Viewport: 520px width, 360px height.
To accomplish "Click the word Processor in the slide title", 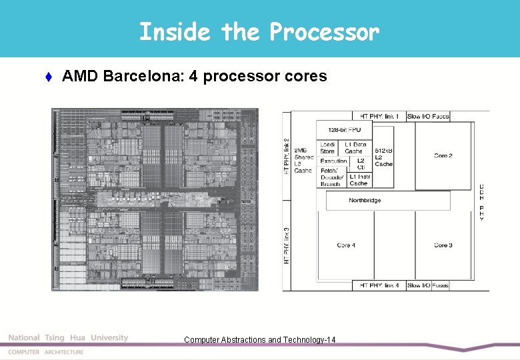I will pyautogui.click(x=324, y=31).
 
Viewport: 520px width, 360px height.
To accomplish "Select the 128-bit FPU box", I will pyautogui.click(x=345, y=129).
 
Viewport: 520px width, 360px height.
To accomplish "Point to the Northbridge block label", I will pyautogui.click(x=365, y=200).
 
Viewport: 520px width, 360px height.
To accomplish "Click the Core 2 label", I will pyautogui.click(x=443, y=155).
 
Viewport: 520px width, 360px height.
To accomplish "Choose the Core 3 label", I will pyautogui.click(x=443, y=245).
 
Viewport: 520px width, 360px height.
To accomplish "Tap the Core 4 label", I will pyautogui.click(x=346, y=245).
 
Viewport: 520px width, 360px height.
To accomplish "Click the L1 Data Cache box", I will pyautogui.click(x=355, y=148).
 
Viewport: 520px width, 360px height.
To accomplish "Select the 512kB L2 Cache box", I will pyautogui.click(x=383, y=157).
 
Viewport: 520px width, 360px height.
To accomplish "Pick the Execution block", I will pyautogui.click(x=333, y=161).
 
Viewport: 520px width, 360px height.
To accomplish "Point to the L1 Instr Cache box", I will pyautogui.click(x=359, y=179).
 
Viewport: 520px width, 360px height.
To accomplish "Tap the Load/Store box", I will pyautogui.click(x=328, y=148).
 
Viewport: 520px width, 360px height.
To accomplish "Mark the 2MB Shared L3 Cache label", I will pyautogui.click(x=303, y=160).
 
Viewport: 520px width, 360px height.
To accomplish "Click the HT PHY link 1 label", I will pyautogui.click(x=379, y=116).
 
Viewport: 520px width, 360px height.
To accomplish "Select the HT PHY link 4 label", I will pyautogui.click(x=379, y=285).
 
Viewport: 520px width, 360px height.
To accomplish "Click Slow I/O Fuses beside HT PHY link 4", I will pyautogui.click(x=428, y=285).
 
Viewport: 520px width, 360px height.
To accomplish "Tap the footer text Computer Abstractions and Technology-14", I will pyautogui.click(x=259, y=340).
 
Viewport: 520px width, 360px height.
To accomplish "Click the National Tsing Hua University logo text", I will pyautogui.click(x=67, y=338).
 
